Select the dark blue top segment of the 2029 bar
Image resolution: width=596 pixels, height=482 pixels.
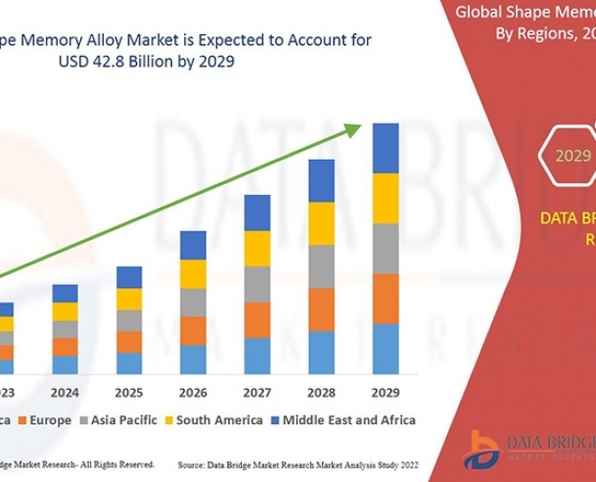coord(385,148)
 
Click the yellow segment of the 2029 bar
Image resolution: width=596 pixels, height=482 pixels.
coord(385,198)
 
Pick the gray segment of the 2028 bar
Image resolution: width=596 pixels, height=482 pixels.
coord(321,266)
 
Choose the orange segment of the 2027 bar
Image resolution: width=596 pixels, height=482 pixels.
coord(257,320)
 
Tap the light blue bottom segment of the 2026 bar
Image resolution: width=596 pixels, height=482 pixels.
coord(193,360)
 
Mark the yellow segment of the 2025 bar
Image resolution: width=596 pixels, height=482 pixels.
coord(129,299)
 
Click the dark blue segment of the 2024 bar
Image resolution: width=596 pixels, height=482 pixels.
coord(66,293)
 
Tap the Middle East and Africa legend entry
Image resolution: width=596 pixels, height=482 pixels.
coord(343,419)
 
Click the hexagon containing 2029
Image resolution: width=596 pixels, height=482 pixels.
coord(573,155)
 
